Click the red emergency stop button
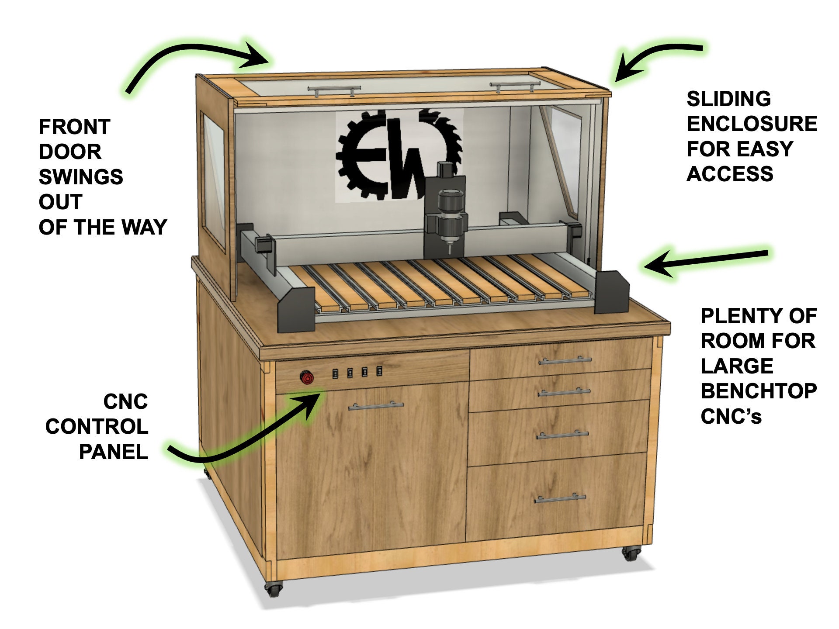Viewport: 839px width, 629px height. (306, 377)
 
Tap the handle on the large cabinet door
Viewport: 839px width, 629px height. (376, 406)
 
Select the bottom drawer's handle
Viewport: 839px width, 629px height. (559, 498)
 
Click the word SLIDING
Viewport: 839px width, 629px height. (728, 99)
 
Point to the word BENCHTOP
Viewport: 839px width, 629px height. (759, 391)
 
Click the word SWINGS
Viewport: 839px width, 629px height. (81, 177)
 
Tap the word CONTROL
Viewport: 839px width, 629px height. (97, 427)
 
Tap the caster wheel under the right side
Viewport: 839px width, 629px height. (631, 554)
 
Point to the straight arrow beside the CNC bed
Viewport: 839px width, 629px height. (704, 261)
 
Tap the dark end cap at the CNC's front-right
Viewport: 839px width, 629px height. (611, 293)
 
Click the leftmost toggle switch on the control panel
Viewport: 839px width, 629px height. (335, 373)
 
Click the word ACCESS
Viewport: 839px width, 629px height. (730, 174)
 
